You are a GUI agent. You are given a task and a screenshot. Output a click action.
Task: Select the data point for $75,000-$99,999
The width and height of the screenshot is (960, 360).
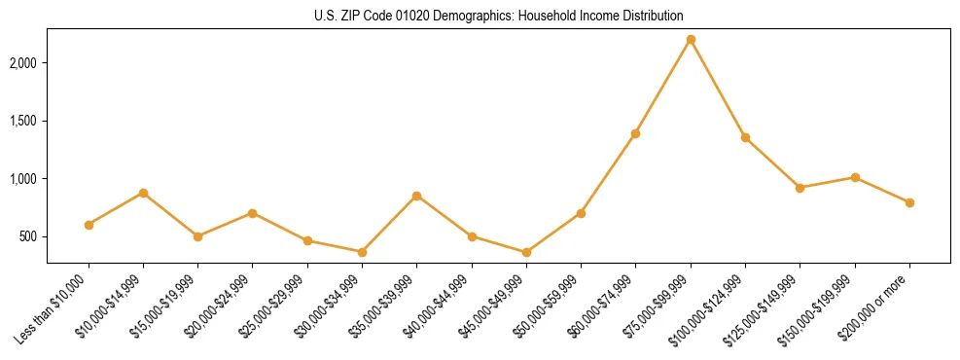click(x=691, y=40)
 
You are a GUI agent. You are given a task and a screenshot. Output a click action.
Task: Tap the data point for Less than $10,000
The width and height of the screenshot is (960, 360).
click(x=89, y=225)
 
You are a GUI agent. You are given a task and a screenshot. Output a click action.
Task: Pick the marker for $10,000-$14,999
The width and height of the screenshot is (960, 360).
click(x=143, y=193)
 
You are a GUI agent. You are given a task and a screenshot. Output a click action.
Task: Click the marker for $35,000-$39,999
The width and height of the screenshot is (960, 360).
click(x=417, y=196)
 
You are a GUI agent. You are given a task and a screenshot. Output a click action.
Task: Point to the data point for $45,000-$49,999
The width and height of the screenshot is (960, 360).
click(x=526, y=253)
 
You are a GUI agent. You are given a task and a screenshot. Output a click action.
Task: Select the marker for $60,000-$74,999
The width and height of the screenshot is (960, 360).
click(x=635, y=133)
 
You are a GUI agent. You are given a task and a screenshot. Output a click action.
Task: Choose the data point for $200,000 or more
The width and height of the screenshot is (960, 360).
click(x=909, y=202)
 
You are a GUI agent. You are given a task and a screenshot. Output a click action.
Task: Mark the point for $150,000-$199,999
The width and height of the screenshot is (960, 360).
click(x=855, y=177)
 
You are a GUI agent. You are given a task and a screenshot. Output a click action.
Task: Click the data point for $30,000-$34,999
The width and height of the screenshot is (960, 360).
click(x=362, y=252)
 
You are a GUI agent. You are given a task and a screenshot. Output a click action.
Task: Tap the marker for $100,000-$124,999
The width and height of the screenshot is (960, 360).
click(x=745, y=137)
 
